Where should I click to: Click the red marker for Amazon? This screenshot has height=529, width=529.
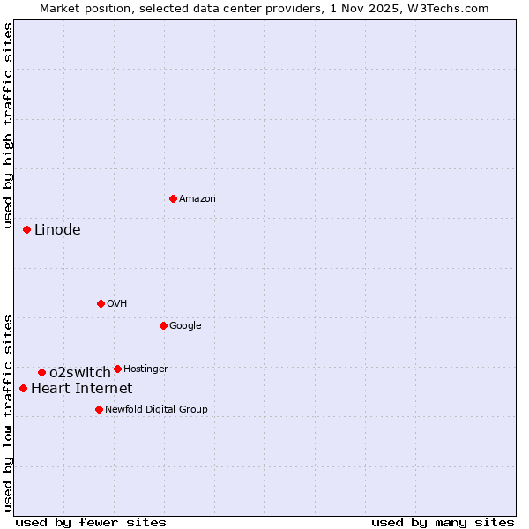pyautogui.click(x=173, y=198)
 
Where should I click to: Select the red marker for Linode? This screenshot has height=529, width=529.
pyautogui.click(x=27, y=229)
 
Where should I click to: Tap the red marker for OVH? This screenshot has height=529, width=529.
pyautogui.click(x=101, y=303)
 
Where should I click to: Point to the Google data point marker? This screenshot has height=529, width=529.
pyautogui.click(x=163, y=325)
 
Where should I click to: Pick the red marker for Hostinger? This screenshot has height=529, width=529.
pyautogui.click(x=117, y=369)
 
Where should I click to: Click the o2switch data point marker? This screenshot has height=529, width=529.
pyautogui.click(x=41, y=372)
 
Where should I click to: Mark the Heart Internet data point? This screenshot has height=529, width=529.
pyautogui.click(x=24, y=388)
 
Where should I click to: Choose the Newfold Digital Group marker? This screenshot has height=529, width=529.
pyautogui.click(x=99, y=409)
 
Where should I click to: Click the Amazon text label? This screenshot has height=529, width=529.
pyautogui.click(x=197, y=199)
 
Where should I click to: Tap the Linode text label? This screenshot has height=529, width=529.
pyautogui.click(x=57, y=230)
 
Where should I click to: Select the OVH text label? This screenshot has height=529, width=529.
pyautogui.click(x=117, y=304)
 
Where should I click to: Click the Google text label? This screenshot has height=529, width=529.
pyautogui.click(x=185, y=326)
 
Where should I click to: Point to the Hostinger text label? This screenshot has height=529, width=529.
pyautogui.click(x=145, y=369)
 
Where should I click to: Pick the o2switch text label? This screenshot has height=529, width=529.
pyautogui.click(x=80, y=373)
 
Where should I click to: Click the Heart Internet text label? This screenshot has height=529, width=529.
pyautogui.click(x=82, y=389)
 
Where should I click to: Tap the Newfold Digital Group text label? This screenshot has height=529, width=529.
pyautogui.click(x=156, y=410)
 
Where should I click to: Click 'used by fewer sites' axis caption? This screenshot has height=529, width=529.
pyautogui.click(x=91, y=523)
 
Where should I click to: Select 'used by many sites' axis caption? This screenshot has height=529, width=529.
pyautogui.click(x=443, y=523)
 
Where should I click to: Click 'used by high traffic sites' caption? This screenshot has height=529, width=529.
pyautogui.click(x=9, y=126)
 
